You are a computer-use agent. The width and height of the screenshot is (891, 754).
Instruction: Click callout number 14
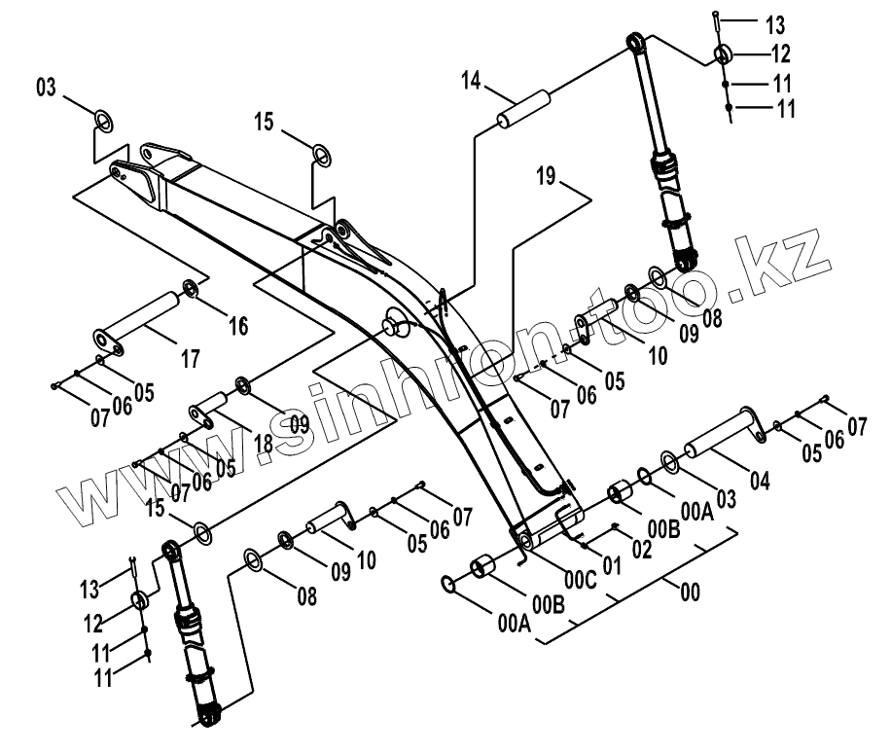471,81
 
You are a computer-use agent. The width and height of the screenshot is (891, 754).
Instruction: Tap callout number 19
571,176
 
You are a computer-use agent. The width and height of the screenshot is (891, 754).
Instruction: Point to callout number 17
190,358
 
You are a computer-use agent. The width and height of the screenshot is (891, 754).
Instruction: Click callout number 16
238,325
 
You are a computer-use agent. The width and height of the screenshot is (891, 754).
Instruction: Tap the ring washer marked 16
191,289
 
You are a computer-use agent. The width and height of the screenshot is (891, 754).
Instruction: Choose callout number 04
760,479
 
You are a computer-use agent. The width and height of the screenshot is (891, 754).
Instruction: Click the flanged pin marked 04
721,436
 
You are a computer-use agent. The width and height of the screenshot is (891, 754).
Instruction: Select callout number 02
642,549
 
